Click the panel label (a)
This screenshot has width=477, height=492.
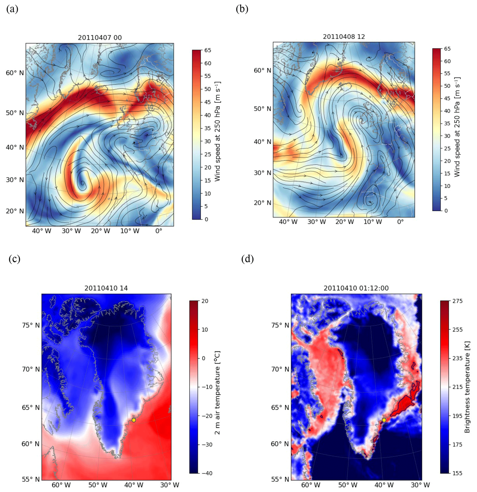pos(12,9)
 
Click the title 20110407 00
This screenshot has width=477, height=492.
pos(100,38)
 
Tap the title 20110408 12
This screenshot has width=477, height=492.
pos(344,37)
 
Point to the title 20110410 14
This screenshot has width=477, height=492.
pos(106,288)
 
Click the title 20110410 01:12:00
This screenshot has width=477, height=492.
pos(356,288)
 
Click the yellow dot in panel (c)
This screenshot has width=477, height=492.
pos(134,420)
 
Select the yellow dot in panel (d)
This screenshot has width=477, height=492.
pos(384,420)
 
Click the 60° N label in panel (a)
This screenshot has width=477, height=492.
pos(15,73)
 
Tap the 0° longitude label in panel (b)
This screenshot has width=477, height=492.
pos(400,222)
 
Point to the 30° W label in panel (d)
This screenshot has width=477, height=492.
pos(420,485)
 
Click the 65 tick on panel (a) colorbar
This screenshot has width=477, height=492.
pos(208,50)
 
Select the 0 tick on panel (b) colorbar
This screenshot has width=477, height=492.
pos(446,211)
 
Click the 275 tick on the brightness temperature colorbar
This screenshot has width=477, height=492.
pos(457,301)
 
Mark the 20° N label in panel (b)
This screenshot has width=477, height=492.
pos(262,203)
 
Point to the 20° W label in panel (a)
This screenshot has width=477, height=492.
pos(100,231)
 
